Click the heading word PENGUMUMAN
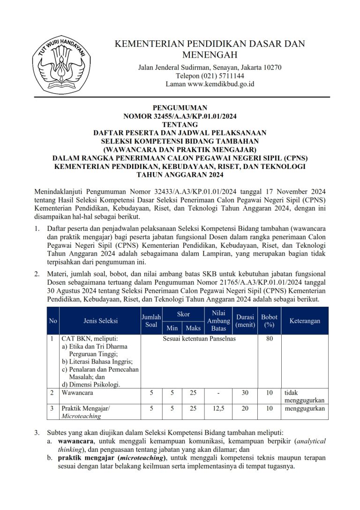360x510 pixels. click(180, 108)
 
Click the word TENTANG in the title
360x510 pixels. click(180, 125)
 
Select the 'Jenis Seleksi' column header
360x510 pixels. click(100, 321)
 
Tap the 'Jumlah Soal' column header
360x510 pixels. click(151, 321)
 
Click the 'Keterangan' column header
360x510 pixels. click(305, 321)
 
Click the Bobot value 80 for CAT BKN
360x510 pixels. click(270, 339)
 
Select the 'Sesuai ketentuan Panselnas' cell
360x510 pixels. click(199, 339)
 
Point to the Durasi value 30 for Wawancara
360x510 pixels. click(245, 393)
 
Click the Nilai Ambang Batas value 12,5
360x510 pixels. click(218, 409)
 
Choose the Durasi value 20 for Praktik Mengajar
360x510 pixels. click(245, 409)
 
